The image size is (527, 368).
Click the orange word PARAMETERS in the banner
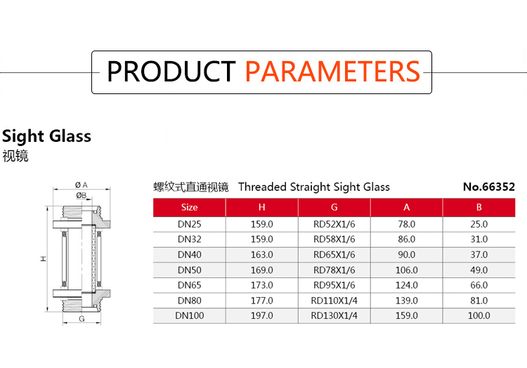tap(332, 71)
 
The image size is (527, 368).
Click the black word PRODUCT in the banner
tap(171, 71)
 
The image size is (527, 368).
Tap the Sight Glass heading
tap(46, 136)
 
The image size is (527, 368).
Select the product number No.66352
tap(488, 187)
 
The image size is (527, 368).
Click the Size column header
tap(189, 207)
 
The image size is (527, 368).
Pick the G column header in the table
tap(334, 207)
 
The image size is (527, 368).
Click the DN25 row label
tap(189, 224)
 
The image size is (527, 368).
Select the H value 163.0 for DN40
tap(262, 254)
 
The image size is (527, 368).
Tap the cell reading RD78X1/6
tap(334, 270)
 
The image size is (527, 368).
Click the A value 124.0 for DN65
tap(406, 285)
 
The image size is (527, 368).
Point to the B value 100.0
tap(479, 315)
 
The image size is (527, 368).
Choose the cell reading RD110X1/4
tap(334, 301)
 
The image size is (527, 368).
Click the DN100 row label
tap(189, 315)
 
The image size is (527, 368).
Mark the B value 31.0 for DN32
tap(479, 239)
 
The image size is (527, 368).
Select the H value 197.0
tap(262, 315)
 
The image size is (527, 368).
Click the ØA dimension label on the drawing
tap(82, 185)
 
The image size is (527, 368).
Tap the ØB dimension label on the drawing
tap(81, 195)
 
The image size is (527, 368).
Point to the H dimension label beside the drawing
tap(44, 258)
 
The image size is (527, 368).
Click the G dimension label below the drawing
tap(82, 319)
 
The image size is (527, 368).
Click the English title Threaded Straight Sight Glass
tap(314, 187)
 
